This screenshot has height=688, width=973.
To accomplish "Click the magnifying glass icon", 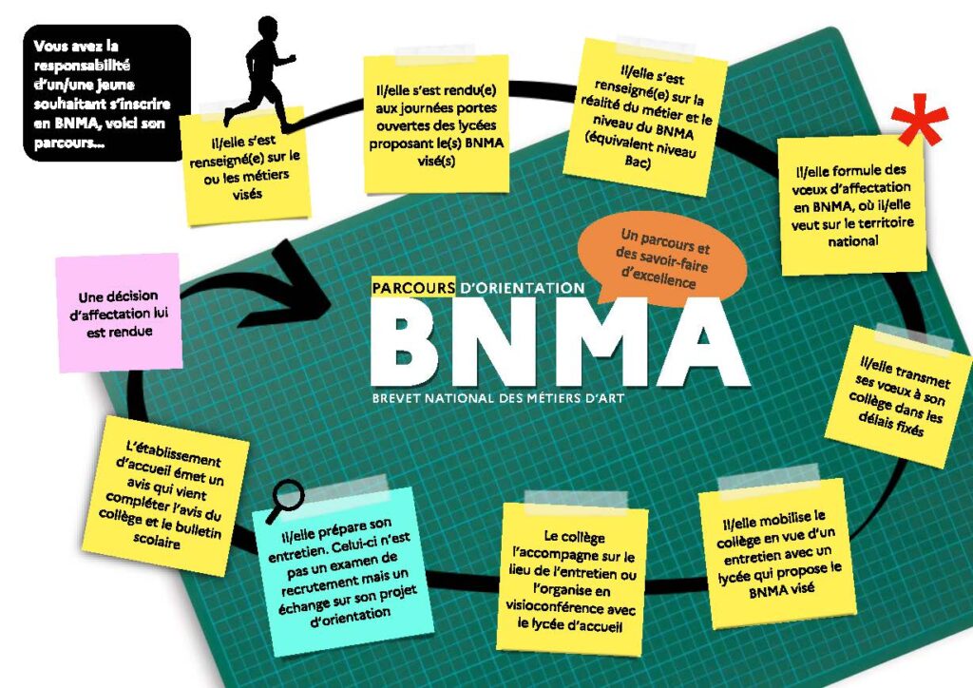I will [x=285, y=495].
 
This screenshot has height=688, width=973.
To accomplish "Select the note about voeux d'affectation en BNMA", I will [x=851, y=204].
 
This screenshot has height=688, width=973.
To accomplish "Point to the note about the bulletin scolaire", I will [x=170, y=493].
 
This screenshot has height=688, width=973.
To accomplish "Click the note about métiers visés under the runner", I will [x=246, y=167].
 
